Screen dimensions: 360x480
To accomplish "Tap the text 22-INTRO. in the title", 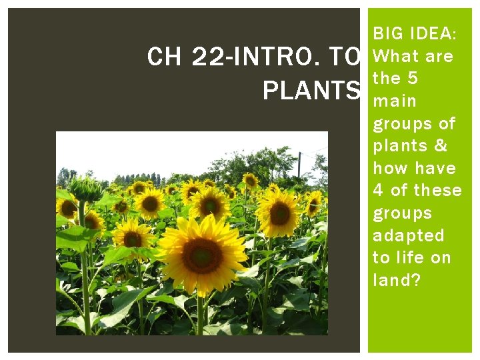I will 246,58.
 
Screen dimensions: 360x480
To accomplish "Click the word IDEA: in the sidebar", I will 433,33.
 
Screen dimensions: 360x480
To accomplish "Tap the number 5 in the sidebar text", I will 412,79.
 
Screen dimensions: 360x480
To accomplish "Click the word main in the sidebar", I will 395,101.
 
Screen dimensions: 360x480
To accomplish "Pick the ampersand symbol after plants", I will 439,146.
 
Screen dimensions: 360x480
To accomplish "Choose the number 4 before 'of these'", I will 378,191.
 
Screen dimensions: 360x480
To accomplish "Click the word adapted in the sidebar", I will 409,236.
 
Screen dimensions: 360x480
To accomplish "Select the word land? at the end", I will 397,281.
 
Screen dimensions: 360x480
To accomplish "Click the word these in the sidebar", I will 437,191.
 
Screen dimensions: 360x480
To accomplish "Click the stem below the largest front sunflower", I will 199,313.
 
